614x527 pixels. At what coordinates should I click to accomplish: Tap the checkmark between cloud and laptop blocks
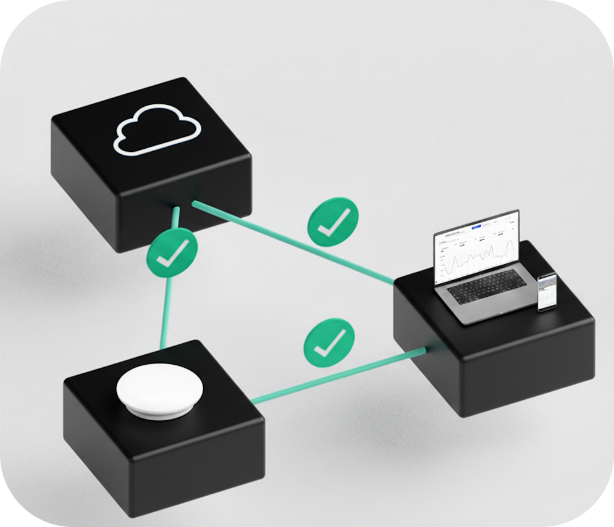click(333, 222)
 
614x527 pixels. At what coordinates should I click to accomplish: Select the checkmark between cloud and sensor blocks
click(172, 252)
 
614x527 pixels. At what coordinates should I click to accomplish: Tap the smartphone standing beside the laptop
click(546, 293)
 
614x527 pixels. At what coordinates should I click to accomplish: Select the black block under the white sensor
click(161, 457)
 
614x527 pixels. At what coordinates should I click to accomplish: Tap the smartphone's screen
click(547, 291)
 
